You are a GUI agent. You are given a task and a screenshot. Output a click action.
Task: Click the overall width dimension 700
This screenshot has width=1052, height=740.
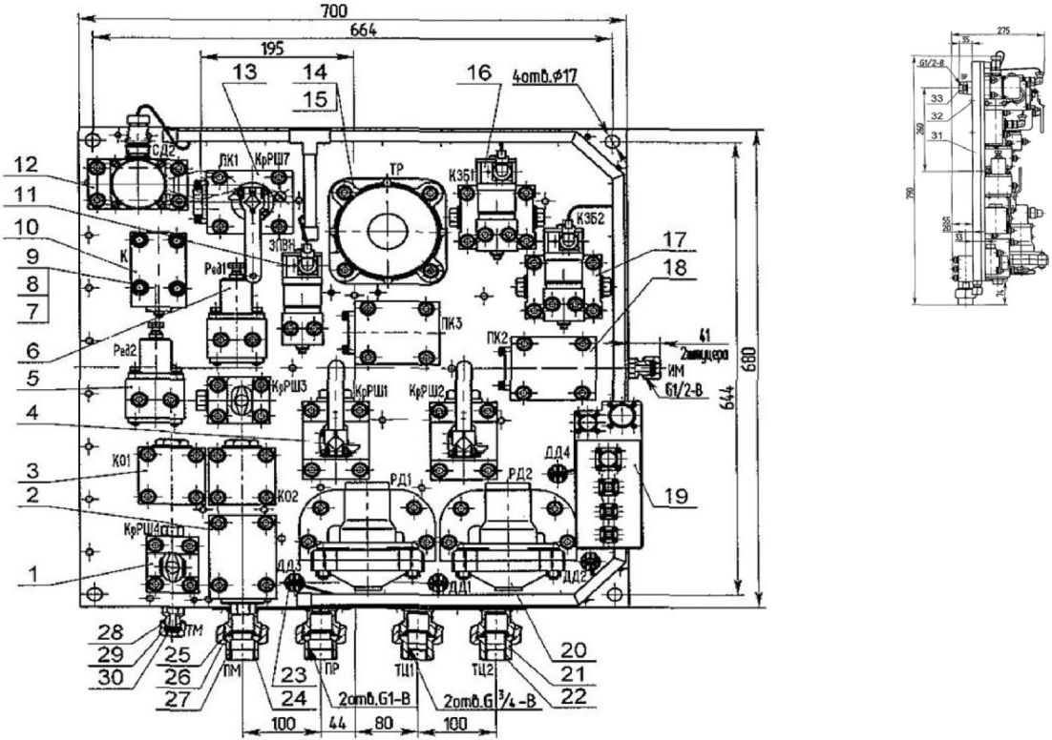[350, 10]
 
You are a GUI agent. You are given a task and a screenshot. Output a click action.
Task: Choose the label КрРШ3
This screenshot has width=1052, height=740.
[287, 387]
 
